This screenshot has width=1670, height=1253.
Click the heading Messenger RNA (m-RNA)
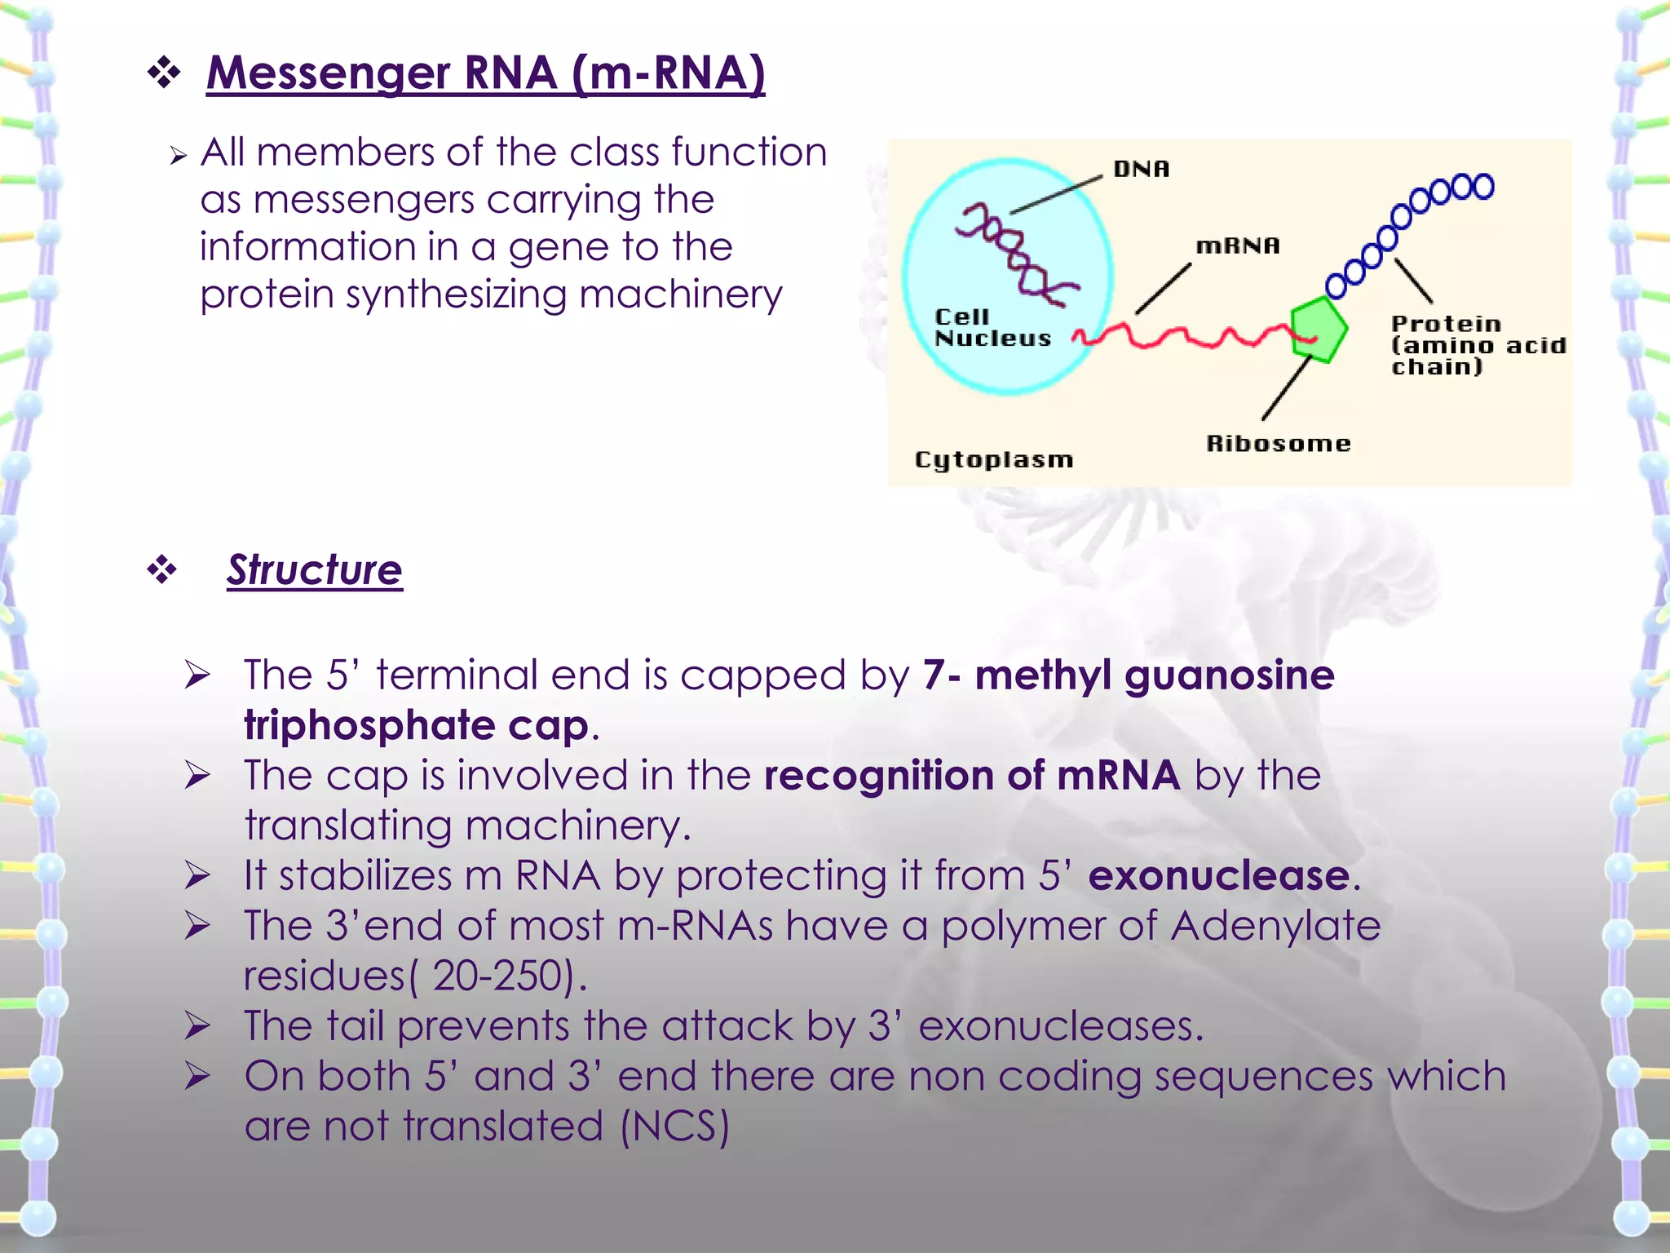pyautogui.click(x=485, y=73)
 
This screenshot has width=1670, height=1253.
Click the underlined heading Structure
pyautogui.click(x=315, y=569)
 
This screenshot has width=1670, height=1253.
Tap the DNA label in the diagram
pyautogui.click(x=1141, y=169)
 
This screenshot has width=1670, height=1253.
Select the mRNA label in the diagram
pyautogui.click(x=1237, y=246)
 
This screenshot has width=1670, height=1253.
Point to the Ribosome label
pyautogui.click(x=1278, y=444)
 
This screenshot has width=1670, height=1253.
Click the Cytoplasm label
pyautogui.click(x=993, y=459)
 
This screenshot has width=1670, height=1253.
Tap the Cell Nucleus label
pyautogui.click(x=992, y=328)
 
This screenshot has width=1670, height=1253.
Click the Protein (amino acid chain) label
pyautogui.click(x=1476, y=345)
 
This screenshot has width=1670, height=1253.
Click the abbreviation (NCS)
pyautogui.click(x=674, y=1127)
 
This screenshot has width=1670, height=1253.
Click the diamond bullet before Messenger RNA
pyautogui.click(x=164, y=73)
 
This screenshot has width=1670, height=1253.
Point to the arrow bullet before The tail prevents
pyautogui.click(x=197, y=1026)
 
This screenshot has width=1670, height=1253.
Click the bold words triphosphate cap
pyautogui.click(x=416, y=725)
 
